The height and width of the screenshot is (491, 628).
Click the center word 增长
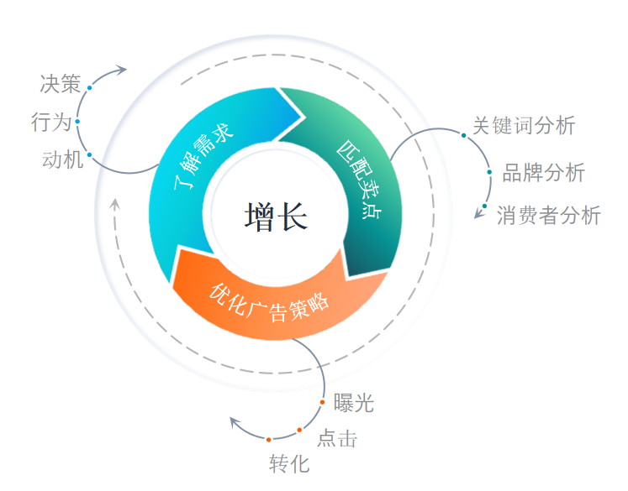pyautogui.click(x=277, y=217)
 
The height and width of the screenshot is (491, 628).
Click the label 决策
pyautogui.click(x=60, y=84)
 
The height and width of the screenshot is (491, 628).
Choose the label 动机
pyautogui.click(x=63, y=159)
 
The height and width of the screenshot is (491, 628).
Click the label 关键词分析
pyautogui.click(x=523, y=126)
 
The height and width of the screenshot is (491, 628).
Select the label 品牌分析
pyautogui.click(x=543, y=173)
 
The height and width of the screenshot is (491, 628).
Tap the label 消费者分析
pyautogui.click(x=548, y=215)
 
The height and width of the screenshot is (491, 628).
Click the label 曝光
pyautogui.click(x=353, y=403)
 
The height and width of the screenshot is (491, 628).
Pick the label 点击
pyautogui.click(x=336, y=438)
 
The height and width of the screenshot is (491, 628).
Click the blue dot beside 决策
pyautogui.click(x=89, y=86)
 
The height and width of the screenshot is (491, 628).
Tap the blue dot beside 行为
pyautogui.click(x=77, y=122)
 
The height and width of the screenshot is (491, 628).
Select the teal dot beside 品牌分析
pyautogui.click(x=489, y=172)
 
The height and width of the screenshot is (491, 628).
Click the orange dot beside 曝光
pyautogui.click(x=323, y=404)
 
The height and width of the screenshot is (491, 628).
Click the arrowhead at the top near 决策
pyautogui.click(x=121, y=69)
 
